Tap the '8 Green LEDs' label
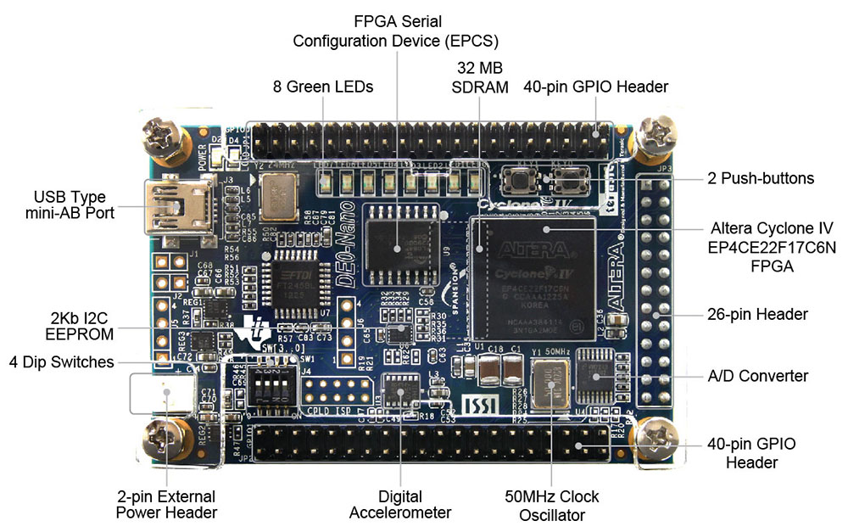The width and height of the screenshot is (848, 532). (323, 87)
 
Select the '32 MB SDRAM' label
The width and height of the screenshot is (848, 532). (480, 77)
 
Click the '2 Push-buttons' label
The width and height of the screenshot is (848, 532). (761, 179)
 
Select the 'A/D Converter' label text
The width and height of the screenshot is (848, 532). (757, 376)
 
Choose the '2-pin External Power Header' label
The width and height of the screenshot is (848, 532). (166, 504)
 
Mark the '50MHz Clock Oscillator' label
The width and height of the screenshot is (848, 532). (550, 505)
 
